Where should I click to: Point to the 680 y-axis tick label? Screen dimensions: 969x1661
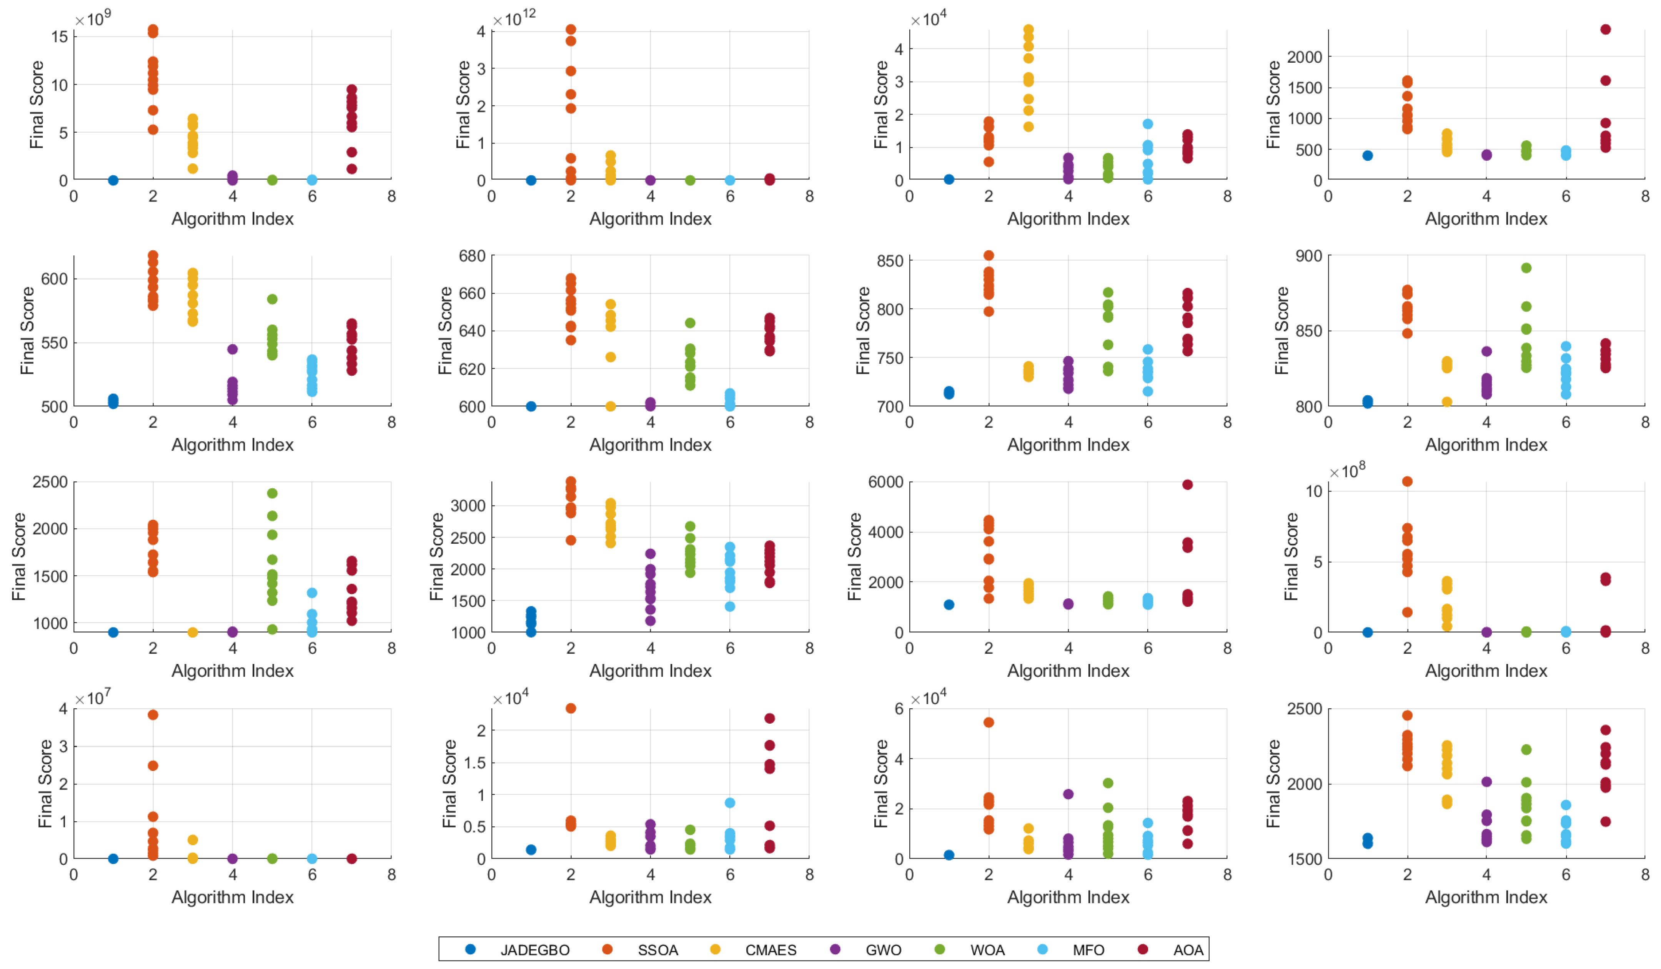[x=472, y=256]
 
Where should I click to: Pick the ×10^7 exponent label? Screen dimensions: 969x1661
[x=92, y=698]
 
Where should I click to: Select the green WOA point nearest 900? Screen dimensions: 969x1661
[x=1526, y=268]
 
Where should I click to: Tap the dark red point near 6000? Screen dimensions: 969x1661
[x=1187, y=484]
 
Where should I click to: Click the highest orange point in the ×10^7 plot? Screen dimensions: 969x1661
[x=153, y=714]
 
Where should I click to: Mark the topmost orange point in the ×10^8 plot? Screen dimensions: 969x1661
[x=1407, y=481]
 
